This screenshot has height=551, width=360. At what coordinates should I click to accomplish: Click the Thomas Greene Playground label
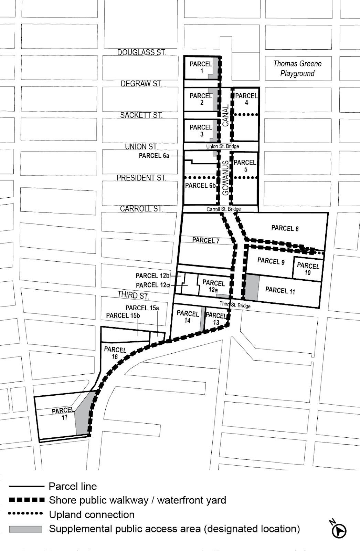(297, 69)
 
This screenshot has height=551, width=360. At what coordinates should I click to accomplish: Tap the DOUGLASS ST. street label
(141, 52)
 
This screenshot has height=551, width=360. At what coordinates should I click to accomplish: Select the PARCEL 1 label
(201, 67)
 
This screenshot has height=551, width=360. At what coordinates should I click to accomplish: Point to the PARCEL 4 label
(246, 99)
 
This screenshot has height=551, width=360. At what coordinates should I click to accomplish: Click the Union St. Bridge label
(222, 146)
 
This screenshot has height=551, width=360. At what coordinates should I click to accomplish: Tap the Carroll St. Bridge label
(223, 209)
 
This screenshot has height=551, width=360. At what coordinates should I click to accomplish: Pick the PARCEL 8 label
(285, 228)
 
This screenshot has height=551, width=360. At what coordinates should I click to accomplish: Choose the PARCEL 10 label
(308, 269)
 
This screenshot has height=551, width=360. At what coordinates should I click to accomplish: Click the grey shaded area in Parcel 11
(252, 287)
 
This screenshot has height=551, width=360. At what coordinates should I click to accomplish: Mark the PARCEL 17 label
(63, 414)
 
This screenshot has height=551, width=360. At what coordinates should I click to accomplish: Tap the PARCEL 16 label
(115, 353)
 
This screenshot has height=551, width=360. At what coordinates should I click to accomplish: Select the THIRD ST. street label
(133, 295)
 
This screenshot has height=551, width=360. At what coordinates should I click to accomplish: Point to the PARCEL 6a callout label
(154, 156)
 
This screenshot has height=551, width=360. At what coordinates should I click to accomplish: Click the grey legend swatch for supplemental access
(25, 529)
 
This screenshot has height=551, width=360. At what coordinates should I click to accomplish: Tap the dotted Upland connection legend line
(25, 513)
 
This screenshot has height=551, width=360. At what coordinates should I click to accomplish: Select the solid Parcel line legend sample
(27, 486)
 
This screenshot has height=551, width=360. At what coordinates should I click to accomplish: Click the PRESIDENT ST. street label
(141, 178)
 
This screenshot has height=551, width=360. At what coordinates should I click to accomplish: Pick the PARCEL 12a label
(213, 286)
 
